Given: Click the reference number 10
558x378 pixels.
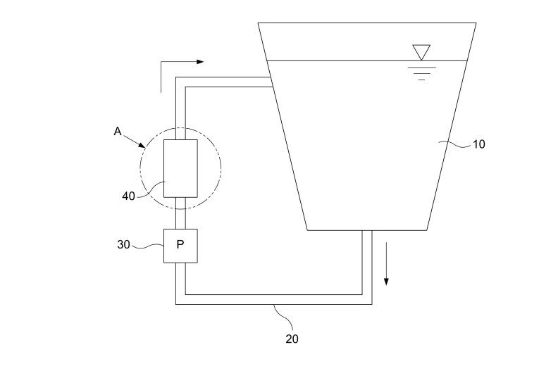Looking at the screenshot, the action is (478, 144).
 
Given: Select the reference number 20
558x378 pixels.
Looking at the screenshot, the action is (292, 339).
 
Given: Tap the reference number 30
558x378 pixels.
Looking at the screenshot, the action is (123, 245).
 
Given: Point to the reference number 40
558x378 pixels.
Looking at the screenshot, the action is (128, 196).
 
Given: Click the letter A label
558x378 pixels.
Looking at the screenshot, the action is (118, 131).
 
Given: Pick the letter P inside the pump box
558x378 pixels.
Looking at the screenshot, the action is (180, 245).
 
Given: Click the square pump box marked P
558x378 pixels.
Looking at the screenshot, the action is (180, 246).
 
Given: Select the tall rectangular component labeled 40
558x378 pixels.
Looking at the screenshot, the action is (180, 168).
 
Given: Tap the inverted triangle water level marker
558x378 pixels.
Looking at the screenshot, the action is (421, 52).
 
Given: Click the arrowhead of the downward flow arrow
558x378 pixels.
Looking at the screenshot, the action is (386, 282).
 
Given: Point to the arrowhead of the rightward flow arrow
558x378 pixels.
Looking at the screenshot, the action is (200, 61).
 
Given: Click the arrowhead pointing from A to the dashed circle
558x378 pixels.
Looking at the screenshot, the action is (142, 145).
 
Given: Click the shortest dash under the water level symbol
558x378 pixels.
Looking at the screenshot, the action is (421, 80).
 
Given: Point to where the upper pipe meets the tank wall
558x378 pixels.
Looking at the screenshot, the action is (271, 82).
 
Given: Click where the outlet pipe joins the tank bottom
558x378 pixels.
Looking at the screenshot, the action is (367, 230).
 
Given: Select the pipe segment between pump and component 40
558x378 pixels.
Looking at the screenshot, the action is (180, 213).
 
